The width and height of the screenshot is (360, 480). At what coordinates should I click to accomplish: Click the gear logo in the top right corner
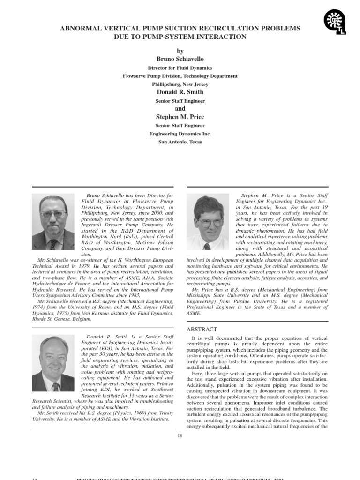click(x=335, y=22)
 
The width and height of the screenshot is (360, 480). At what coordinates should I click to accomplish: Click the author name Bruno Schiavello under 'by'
click(x=180, y=59)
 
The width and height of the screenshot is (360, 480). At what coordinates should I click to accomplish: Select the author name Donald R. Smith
click(x=180, y=92)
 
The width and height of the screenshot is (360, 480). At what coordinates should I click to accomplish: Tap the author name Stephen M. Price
click(x=180, y=117)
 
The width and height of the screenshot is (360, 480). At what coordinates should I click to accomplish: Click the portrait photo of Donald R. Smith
click(x=53, y=363)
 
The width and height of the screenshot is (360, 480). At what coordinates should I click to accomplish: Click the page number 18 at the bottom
click(x=180, y=436)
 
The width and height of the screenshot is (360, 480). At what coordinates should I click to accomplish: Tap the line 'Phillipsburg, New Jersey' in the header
click(x=180, y=84)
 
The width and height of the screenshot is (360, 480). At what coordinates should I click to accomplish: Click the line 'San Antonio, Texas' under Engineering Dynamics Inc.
click(x=180, y=142)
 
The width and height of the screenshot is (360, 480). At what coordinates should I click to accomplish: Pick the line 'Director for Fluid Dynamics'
click(x=180, y=68)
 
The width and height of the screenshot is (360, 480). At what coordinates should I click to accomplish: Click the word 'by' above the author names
click(x=180, y=51)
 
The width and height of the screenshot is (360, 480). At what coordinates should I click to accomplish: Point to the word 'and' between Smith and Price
click(x=180, y=109)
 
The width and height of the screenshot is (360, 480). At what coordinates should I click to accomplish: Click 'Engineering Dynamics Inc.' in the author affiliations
click(x=180, y=134)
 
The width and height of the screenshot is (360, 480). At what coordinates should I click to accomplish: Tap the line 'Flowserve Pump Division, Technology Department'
click(x=180, y=76)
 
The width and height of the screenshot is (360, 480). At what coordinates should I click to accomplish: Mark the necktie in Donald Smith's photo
click(x=55, y=386)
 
